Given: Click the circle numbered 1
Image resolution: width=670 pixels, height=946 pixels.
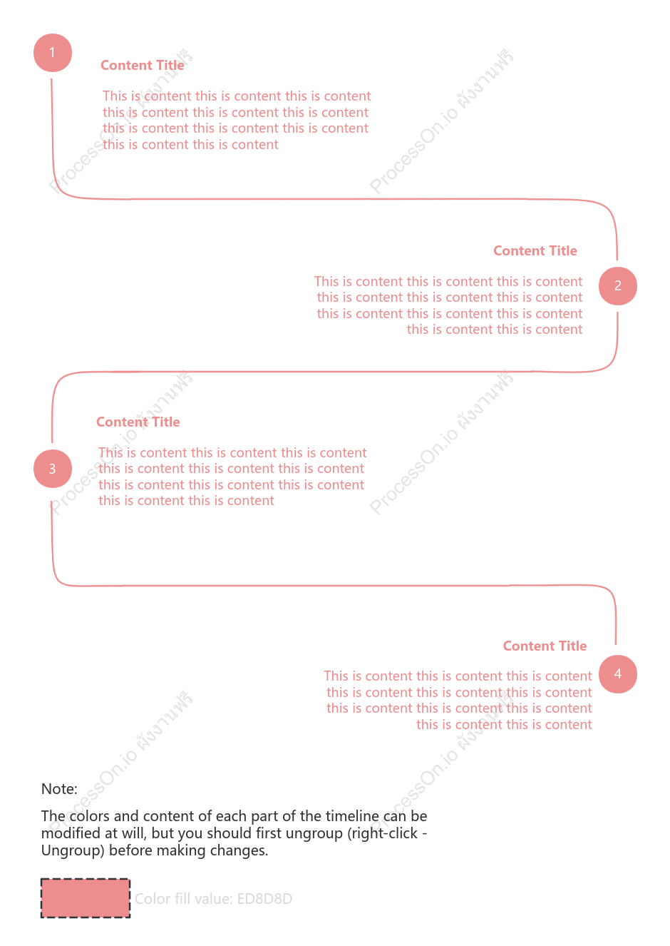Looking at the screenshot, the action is (52, 53).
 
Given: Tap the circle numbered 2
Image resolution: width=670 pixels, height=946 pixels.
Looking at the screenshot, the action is (618, 286).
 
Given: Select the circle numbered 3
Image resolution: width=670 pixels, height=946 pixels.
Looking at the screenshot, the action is (52, 468).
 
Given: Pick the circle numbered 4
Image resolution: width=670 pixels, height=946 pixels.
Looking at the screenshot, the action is (618, 674).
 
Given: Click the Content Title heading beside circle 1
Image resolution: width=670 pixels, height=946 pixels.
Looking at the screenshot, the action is (142, 66).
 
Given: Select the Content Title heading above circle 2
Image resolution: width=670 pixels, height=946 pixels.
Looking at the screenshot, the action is (535, 251).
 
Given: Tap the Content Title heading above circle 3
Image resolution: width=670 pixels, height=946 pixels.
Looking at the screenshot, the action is (138, 422).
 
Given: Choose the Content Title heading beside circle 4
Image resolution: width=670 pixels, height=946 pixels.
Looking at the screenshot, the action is (545, 646).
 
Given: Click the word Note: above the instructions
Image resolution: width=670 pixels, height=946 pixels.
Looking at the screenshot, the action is (59, 789).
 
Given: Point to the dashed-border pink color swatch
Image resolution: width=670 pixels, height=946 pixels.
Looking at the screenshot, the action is (86, 898).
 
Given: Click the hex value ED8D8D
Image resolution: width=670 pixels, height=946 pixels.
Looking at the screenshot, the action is (264, 899).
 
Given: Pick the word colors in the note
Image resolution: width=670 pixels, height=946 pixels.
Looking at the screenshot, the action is (89, 816).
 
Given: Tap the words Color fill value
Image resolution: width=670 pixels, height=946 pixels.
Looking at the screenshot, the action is (183, 899).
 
